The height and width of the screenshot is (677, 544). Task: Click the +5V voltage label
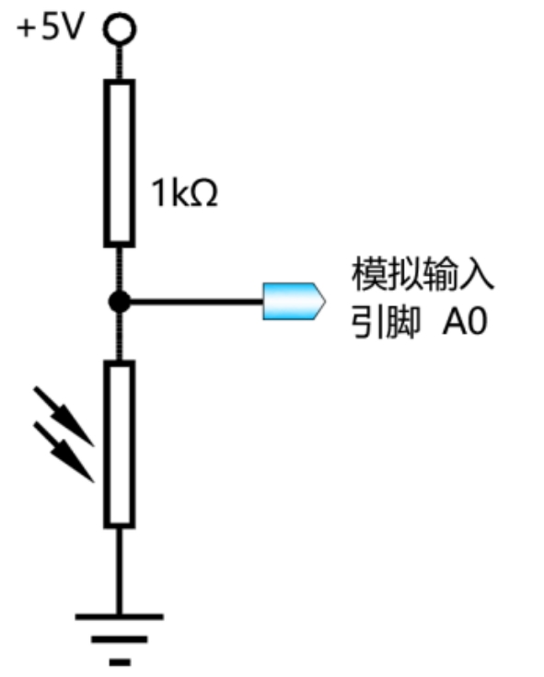click(49, 27)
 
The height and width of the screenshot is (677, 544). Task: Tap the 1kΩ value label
click(184, 193)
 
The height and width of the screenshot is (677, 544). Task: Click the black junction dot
click(120, 302)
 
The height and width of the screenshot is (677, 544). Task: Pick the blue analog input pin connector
click(294, 302)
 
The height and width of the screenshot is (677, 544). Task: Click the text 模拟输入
click(422, 274)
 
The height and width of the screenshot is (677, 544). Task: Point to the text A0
click(465, 321)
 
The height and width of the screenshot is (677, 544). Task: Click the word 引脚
click(385, 322)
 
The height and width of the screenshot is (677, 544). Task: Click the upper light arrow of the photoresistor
click(64, 416)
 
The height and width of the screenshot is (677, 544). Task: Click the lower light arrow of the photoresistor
click(64, 452)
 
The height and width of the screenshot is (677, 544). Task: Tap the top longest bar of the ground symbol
click(120, 616)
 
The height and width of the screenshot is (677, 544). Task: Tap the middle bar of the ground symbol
click(120, 639)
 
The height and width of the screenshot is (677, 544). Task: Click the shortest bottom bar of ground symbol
click(120, 662)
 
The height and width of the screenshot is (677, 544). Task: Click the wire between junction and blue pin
click(197, 302)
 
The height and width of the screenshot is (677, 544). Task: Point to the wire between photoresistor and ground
click(120, 571)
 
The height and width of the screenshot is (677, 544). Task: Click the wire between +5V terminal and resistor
click(120, 63)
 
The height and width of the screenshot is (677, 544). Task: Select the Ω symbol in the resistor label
click(203, 193)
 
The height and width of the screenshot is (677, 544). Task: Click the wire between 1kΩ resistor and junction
click(120, 270)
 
